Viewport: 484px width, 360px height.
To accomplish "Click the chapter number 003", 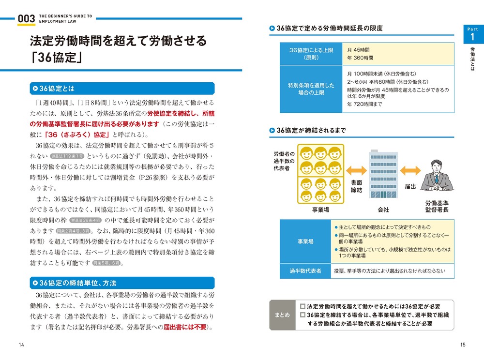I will click(26, 18).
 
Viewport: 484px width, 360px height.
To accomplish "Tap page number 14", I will click(21, 345).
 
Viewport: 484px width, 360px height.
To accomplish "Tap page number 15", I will click(463, 345).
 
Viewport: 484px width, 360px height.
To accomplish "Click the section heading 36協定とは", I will click(57, 89).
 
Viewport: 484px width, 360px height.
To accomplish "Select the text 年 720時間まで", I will click(364, 104).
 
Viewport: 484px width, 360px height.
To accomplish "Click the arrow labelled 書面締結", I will click(357, 170).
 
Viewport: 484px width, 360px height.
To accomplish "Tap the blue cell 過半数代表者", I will click(305, 271).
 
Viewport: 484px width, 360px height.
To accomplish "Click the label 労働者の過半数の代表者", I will click(281, 161).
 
